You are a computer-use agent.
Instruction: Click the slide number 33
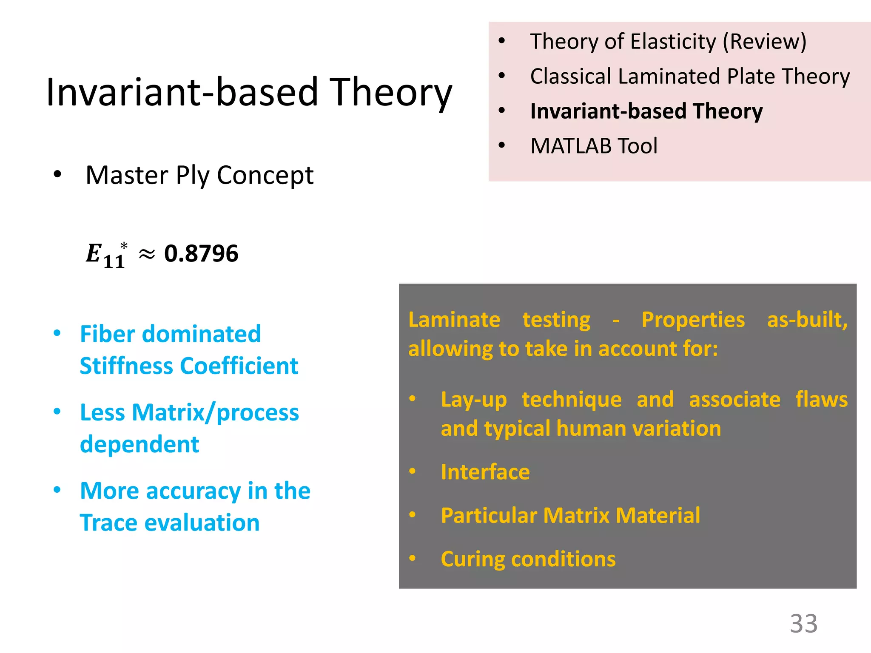tap(803, 624)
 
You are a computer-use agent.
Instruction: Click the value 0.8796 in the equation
tap(201, 254)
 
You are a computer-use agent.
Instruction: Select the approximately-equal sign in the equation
tap(146, 255)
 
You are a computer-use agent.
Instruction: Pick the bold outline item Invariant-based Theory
tap(646, 111)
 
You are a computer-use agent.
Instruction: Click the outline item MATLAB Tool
tap(594, 146)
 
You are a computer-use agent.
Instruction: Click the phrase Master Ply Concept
tap(199, 175)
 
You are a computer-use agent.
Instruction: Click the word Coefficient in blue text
tap(239, 366)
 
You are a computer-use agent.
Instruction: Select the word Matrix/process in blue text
tap(215, 413)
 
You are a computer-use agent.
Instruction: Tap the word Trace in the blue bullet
tap(109, 523)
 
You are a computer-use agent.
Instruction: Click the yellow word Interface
tap(485, 472)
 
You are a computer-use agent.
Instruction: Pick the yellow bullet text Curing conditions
tap(528, 559)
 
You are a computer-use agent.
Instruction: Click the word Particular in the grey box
tap(489, 516)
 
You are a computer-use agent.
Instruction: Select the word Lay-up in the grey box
tap(474, 400)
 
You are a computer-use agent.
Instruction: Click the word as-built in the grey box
tap(807, 320)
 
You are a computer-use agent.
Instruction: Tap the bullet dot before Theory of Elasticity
tap(502, 41)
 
